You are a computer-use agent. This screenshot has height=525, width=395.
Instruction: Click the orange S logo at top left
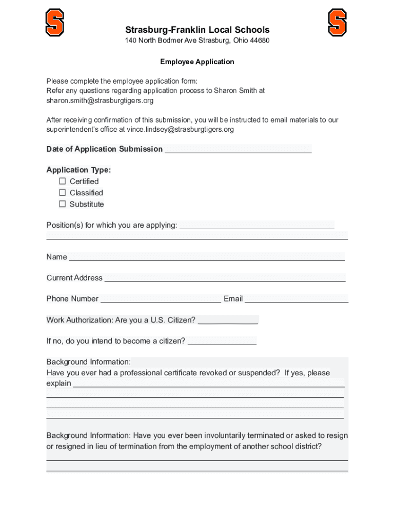[x=55, y=23]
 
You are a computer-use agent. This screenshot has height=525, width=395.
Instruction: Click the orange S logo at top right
[x=337, y=23]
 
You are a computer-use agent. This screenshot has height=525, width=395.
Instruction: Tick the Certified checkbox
[x=63, y=181]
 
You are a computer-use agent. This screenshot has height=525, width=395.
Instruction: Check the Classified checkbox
[x=63, y=193]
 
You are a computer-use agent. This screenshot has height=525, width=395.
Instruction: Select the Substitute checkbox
[x=63, y=204]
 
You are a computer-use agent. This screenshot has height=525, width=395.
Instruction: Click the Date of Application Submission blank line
[x=238, y=149]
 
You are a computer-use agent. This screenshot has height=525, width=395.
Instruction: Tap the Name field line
[x=207, y=257]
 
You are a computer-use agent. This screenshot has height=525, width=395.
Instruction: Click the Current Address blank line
[x=225, y=278]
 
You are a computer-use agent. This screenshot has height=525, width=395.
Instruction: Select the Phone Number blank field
[x=161, y=299]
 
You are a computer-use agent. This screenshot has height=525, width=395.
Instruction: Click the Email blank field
[x=297, y=299]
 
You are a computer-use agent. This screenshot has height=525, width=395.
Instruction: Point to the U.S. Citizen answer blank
[x=228, y=320]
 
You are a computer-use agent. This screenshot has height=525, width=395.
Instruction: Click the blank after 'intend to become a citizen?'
[x=222, y=341]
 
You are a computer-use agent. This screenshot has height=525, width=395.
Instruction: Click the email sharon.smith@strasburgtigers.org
[x=100, y=100]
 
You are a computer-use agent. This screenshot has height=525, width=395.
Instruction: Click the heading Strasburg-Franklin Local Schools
[x=197, y=30]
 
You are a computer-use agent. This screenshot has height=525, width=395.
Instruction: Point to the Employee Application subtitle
[x=197, y=62]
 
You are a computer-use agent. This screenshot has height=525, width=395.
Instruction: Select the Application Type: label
[x=78, y=170]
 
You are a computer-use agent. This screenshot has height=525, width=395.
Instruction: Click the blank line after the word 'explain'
[x=208, y=383]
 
